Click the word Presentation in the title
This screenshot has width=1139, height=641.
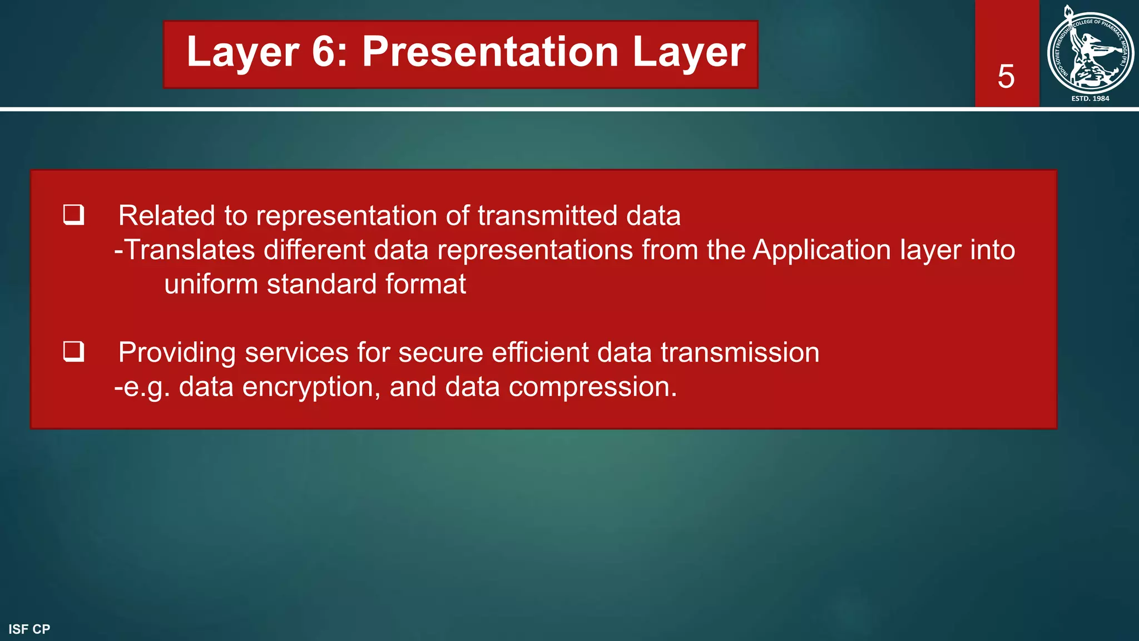[491, 52]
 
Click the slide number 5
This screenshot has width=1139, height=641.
[1006, 76]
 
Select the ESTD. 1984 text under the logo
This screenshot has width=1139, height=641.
[1090, 98]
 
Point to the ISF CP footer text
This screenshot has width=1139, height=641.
[29, 629]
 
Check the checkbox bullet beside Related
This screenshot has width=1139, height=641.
[73, 214]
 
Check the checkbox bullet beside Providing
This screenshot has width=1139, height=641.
[73, 351]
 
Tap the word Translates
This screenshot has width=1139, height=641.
[190, 250]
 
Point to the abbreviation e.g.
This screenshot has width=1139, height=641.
[146, 387]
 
